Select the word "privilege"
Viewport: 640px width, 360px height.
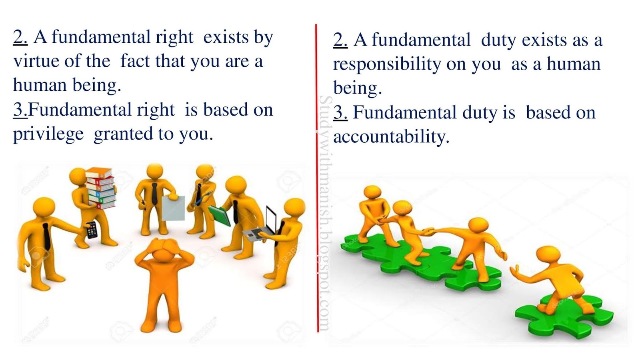(48, 134)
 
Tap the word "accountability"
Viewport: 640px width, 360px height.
(391, 137)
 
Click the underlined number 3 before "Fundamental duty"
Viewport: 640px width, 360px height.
(340, 113)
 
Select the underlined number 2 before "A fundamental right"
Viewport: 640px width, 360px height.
(20, 37)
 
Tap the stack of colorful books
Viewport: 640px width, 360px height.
(100, 188)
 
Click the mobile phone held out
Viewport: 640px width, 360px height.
(92, 230)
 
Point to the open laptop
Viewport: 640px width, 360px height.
(262, 226)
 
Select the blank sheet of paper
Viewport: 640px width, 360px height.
(173, 208)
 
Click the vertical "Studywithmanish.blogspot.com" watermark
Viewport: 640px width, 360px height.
(325, 212)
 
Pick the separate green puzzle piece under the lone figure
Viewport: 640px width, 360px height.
(564, 316)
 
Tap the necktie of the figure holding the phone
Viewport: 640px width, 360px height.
(47, 236)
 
